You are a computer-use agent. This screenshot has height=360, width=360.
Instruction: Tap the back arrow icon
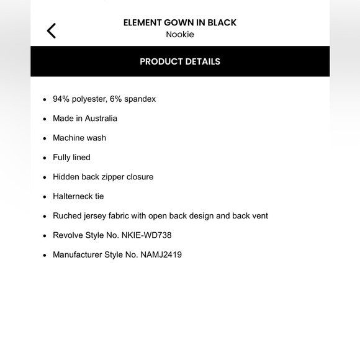coord(52,30)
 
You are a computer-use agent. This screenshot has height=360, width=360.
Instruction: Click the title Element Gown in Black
coord(180,22)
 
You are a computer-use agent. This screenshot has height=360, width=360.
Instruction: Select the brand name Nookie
coord(180,35)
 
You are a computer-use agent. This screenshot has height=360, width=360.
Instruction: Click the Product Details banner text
coord(180,61)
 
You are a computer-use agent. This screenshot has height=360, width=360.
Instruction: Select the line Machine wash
coord(79,138)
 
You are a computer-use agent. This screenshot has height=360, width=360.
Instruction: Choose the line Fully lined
coord(71,158)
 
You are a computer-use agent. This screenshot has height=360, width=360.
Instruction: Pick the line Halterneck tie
coord(78,197)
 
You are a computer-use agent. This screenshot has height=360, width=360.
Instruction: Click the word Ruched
coord(67,216)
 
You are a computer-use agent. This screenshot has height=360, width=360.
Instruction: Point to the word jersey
coord(97,216)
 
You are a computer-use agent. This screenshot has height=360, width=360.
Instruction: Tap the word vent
coord(259,216)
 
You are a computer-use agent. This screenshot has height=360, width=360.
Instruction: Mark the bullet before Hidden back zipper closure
coord(45,178)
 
